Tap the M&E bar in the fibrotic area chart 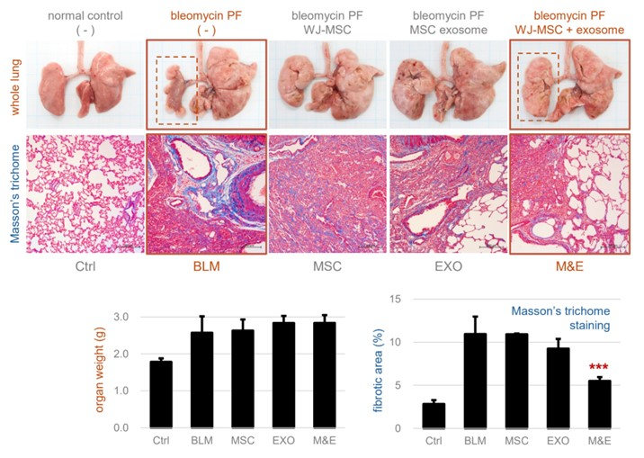point(600,404)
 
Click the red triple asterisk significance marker point(600,367)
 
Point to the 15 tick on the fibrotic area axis point(409,300)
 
